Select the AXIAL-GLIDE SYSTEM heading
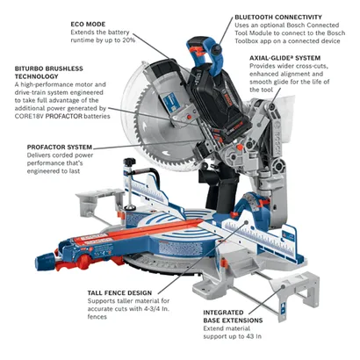point(280,57)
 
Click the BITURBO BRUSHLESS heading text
point(45,68)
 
